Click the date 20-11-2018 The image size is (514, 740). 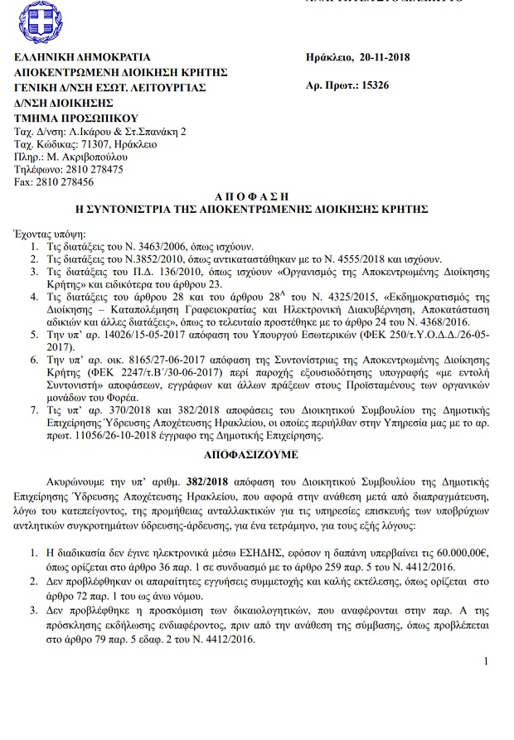pyautogui.click(x=385, y=57)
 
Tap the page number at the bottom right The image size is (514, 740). pyautogui.click(x=486, y=660)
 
